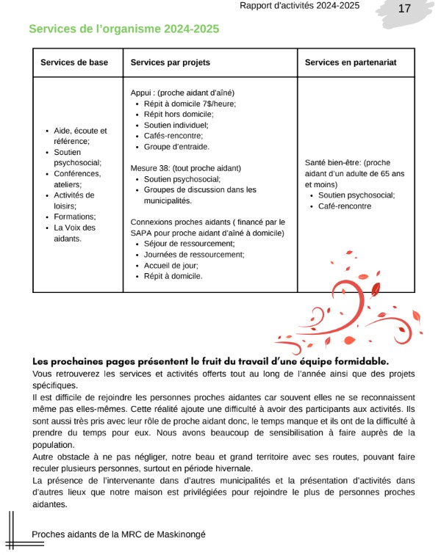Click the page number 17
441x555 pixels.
click(x=404, y=9)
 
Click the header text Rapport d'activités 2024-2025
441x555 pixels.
click(x=299, y=6)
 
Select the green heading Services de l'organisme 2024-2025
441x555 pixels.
click(x=123, y=29)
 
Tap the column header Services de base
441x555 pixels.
click(x=74, y=63)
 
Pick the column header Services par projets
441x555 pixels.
click(x=171, y=63)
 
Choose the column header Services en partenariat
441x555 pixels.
click(x=351, y=63)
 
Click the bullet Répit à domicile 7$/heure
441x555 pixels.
click(x=190, y=104)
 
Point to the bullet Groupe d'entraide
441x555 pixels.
click(x=176, y=147)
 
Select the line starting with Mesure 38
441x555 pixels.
click(x=185, y=168)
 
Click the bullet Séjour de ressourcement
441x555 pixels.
click(x=189, y=244)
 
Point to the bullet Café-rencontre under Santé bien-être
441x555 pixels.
click(x=345, y=206)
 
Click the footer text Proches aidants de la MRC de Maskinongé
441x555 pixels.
click(x=118, y=534)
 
